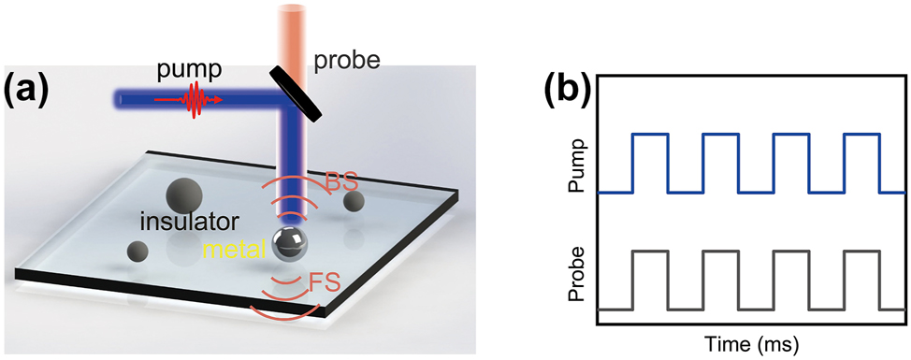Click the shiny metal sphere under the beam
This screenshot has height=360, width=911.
291,242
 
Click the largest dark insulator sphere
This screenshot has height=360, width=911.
182,194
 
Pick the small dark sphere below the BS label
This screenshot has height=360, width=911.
354,201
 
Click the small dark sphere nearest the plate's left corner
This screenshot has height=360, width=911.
137,251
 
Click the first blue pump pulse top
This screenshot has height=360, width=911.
651,135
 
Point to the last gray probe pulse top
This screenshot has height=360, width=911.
861,251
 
